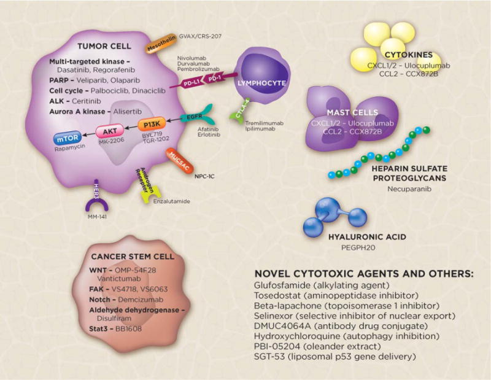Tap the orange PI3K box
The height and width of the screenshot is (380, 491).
click(x=139, y=122)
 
